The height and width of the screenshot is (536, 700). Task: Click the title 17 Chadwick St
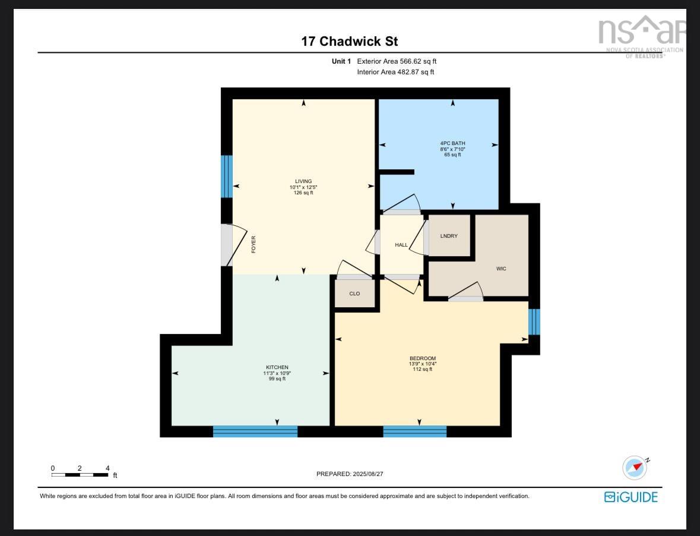349,42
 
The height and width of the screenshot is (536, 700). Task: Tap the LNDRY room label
449,236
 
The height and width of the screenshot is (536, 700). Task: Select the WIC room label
501,269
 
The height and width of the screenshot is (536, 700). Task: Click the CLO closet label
354,294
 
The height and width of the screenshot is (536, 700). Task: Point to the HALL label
401,245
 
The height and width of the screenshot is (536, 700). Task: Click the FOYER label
254,244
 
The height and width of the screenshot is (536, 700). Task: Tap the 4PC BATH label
452,143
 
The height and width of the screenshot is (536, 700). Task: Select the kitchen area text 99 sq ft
277,379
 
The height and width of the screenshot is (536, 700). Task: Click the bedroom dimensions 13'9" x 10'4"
422,364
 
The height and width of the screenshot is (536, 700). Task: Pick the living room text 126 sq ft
303,193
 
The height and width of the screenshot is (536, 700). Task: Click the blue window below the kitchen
255,431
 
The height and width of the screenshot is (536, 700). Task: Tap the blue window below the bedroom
414,431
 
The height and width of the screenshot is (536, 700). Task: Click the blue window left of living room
226,176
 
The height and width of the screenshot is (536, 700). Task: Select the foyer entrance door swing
234,244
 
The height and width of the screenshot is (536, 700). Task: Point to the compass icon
634,467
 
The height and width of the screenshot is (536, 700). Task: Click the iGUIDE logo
631,497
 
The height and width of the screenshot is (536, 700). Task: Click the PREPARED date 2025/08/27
354,474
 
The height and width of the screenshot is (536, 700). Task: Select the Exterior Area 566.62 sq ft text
397,61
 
